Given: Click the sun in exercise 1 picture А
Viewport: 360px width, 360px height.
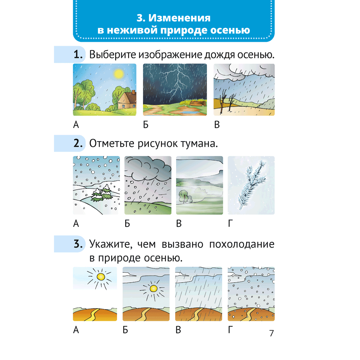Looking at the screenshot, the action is click(x=119, y=74).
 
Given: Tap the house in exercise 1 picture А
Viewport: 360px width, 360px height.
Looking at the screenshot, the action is click(x=127, y=100).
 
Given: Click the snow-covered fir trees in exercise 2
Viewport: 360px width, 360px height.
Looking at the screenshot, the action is click(x=102, y=193).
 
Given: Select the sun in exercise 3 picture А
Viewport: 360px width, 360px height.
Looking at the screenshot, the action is click(x=100, y=277).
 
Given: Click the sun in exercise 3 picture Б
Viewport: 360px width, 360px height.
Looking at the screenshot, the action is click(x=153, y=289).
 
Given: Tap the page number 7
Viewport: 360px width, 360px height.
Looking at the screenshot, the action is click(x=271, y=333).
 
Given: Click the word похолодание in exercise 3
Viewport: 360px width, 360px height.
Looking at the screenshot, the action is click(x=242, y=244).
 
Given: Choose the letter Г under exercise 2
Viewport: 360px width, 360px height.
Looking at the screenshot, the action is click(x=230, y=223).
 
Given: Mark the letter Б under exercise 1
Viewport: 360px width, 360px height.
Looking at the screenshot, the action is click(x=146, y=125).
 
